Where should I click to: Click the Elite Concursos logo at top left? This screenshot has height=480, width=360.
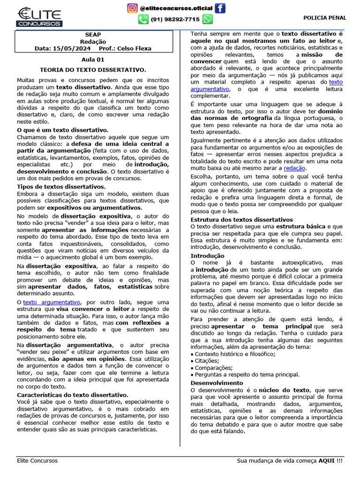[39, 17]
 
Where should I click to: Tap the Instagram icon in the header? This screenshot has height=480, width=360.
[133, 8]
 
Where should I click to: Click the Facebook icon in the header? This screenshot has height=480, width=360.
[220, 8]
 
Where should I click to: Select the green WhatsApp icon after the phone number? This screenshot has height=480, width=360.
[207, 19]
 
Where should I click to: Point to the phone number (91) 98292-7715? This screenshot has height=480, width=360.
[175, 20]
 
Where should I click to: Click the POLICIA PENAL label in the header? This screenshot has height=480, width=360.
[325, 18]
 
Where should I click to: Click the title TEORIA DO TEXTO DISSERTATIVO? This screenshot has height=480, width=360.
[93, 69]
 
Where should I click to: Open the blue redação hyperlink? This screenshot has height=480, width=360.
[295, 168]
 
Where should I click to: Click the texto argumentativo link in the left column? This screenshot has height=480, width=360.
[52, 302]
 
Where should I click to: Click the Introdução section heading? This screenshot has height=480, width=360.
[207, 255]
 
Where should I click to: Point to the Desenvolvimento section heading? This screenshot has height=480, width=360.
[217, 383]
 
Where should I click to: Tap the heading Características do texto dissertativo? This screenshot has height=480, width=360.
[73, 395]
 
